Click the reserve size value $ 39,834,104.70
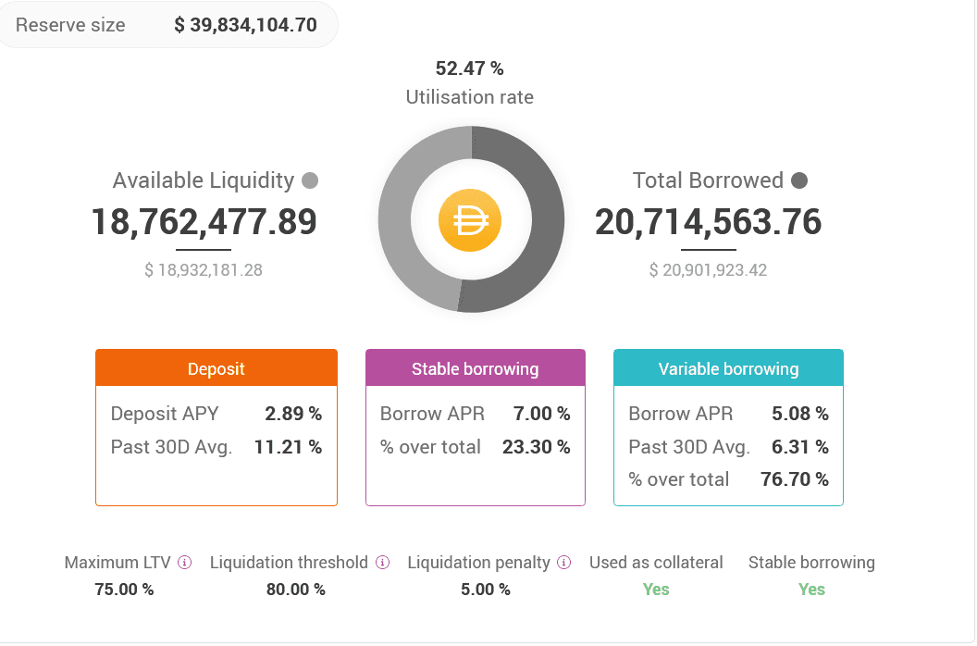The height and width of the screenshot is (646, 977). click(245, 25)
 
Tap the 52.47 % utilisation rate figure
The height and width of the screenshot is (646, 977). click(469, 68)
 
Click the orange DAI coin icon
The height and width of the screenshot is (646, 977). click(470, 220)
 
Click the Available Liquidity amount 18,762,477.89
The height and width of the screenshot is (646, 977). click(204, 222)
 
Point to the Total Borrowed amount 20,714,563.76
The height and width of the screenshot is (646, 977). click(708, 222)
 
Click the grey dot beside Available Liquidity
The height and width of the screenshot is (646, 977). click(310, 180)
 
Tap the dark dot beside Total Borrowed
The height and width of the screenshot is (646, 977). click(799, 180)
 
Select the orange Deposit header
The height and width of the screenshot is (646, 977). click(216, 368)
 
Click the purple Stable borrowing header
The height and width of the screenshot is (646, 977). click(475, 368)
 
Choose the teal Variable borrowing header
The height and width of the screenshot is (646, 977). click(728, 368)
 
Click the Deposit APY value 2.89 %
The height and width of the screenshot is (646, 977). click(293, 414)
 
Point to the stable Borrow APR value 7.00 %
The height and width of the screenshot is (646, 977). click(541, 414)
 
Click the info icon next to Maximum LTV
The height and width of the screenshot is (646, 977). click(184, 563)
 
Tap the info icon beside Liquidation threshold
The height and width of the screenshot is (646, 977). click(382, 563)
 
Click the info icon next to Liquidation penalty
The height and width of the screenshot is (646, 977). click(564, 563)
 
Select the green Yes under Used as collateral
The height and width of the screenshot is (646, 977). click(656, 590)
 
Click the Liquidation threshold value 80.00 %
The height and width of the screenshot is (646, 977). click(295, 590)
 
